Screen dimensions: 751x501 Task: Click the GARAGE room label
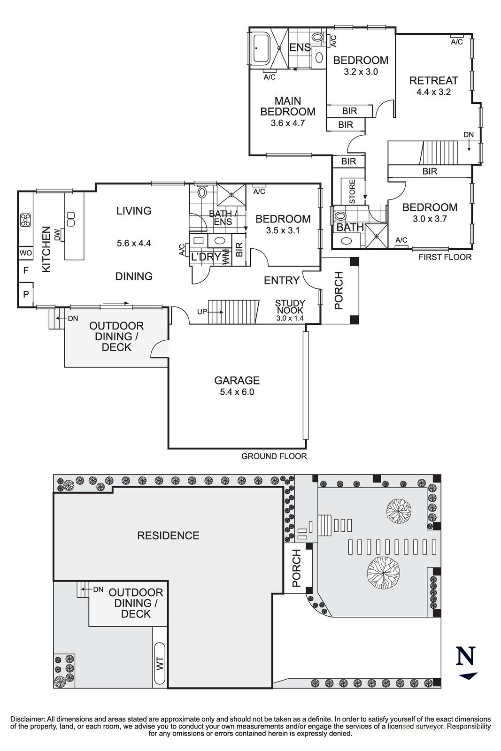(237, 380)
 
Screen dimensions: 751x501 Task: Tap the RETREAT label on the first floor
(433, 80)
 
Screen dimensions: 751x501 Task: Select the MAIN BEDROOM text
(287, 107)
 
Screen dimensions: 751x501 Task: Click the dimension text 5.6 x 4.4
(134, 243)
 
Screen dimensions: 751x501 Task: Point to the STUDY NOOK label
(290, 307)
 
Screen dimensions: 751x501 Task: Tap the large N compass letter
(466, 656)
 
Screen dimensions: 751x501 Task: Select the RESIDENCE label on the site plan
(168, 536)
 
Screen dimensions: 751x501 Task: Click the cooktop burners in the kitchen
(25, 219)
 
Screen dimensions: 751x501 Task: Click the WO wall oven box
(25, 253)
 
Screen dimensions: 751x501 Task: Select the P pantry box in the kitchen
(25, 295)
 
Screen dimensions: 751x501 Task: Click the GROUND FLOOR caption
(274, 456)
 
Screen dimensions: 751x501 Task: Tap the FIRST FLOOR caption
(445, 257)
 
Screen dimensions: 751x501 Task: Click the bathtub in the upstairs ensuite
(263, 47)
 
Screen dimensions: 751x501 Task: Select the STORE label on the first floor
(352, 192)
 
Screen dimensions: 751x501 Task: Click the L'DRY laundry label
(205, 257)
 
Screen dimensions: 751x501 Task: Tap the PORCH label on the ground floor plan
(339, 291)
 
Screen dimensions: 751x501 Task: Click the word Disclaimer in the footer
(27, 719)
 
